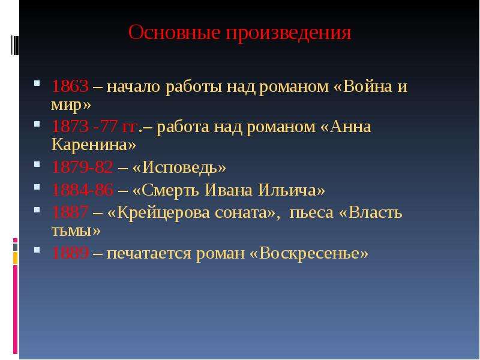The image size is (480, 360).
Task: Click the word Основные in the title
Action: [174, 32]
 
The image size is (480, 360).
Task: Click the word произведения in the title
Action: [289, 34]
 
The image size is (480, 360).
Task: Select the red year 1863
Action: [70, 86]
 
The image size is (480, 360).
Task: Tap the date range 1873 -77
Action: [85, 127]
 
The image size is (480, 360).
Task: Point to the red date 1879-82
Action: [82, 167]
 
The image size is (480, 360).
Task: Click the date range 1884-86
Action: [82, 190]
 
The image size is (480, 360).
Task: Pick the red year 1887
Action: [70, 212]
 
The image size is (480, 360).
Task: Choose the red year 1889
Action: [70, 253]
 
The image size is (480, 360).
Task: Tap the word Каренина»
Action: [94, 145]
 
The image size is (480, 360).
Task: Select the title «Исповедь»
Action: [179, 167]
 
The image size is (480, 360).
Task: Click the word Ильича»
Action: [292, 190]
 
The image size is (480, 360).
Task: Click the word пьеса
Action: [311, 213]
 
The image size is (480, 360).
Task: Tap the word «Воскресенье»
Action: [309, 253]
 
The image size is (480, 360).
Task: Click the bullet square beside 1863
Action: [37, 83]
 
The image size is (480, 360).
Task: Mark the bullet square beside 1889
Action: [37, 250]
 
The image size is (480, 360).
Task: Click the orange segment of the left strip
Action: [16, 258]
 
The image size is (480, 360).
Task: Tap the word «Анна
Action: [346, 127]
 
